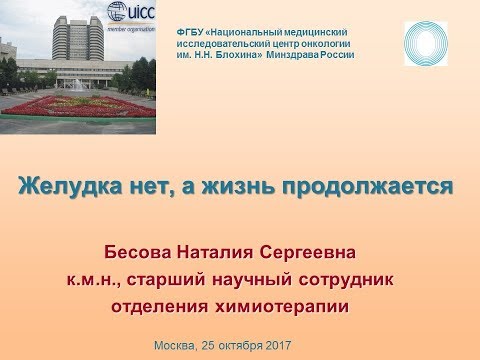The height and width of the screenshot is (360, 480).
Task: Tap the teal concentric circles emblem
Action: pos(425,43)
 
